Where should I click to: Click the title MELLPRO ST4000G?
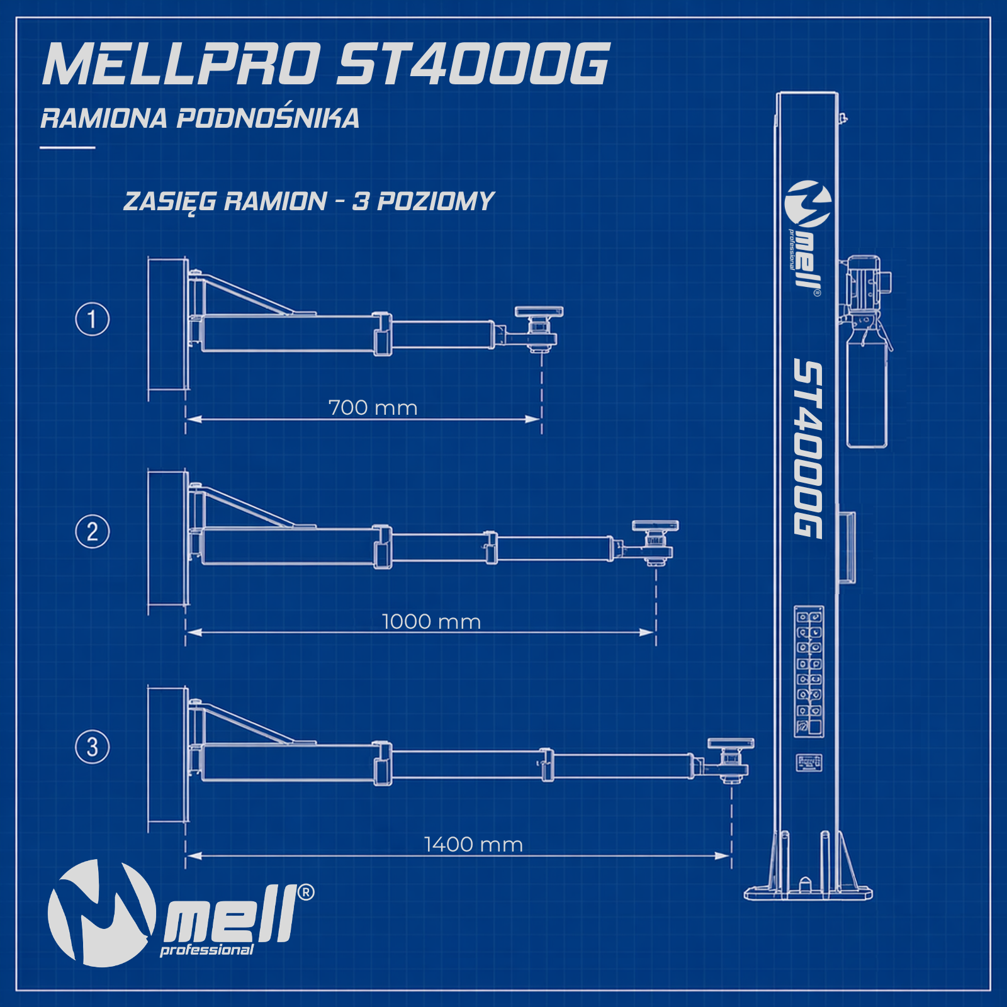point(326,64)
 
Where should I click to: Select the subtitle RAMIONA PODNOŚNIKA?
point(200,118)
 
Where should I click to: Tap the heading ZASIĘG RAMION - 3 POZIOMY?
point(309,201)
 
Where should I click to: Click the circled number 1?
point(93,319)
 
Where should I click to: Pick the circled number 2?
point(93,531)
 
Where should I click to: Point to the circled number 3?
point(93,747)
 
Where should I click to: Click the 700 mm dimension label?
point(373,408)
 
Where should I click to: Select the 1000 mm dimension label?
point(431,622)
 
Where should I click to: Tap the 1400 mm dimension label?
point(473,845)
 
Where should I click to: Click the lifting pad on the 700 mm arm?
point(539,312)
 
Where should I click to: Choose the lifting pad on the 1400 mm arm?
point(731,744)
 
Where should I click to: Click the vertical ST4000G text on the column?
point(807,449)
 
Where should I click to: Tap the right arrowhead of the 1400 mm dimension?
point(724,856)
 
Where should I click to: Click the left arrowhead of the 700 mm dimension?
point(194,419)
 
